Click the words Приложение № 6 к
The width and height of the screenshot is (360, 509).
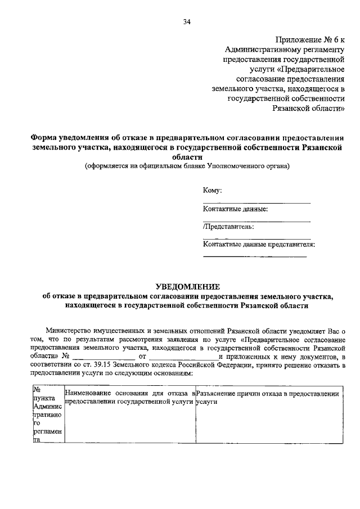coord(309,39)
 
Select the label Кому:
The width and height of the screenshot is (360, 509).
coord(212,191)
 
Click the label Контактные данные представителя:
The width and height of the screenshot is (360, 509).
coord(258,245)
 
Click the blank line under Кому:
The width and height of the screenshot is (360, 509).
coord(256,202)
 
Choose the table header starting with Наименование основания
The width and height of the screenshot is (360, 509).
coord(129,394)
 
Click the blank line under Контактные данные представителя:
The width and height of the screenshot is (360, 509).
coord(254,256)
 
